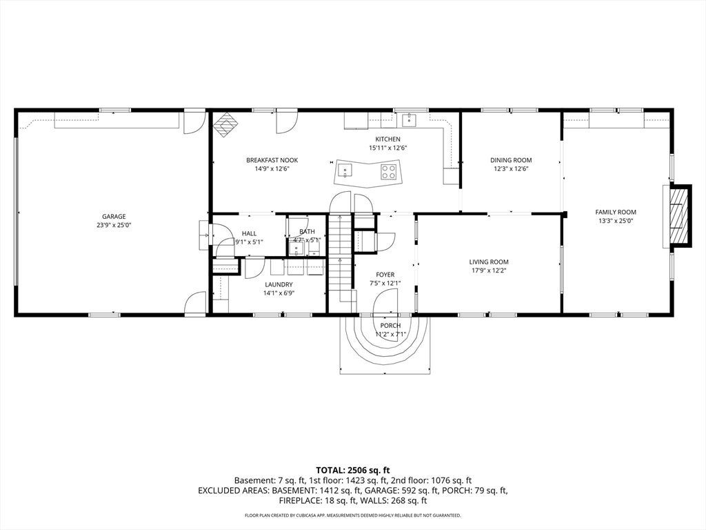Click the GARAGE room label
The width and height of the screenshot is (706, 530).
[x=114, y=216]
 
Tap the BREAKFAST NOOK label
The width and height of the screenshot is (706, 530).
[x=272, y=160]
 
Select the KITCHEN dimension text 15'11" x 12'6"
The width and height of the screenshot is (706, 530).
[x=388, y=148]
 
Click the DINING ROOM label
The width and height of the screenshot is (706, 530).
[x=511, y=160]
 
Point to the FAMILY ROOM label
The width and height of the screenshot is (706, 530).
[x=616, y=213]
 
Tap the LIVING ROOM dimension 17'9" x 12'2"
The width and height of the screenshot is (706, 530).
[x=489, y=271]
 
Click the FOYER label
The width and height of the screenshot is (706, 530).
[x=385, y=275]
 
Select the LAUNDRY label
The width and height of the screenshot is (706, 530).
[x=279, y=284]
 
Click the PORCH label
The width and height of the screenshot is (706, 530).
[x=390, y=326]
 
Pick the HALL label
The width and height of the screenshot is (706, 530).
[x=249, y=233]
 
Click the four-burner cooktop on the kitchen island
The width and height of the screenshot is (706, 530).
[x=389, y=171]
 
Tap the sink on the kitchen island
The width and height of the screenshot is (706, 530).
[x=345, y=171]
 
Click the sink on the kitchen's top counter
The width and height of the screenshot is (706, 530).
[x=409, y=120]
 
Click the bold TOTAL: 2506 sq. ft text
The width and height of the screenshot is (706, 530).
[x=352, y=471]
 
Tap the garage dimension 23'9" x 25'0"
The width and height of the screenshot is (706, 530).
[x=114, y=226]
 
